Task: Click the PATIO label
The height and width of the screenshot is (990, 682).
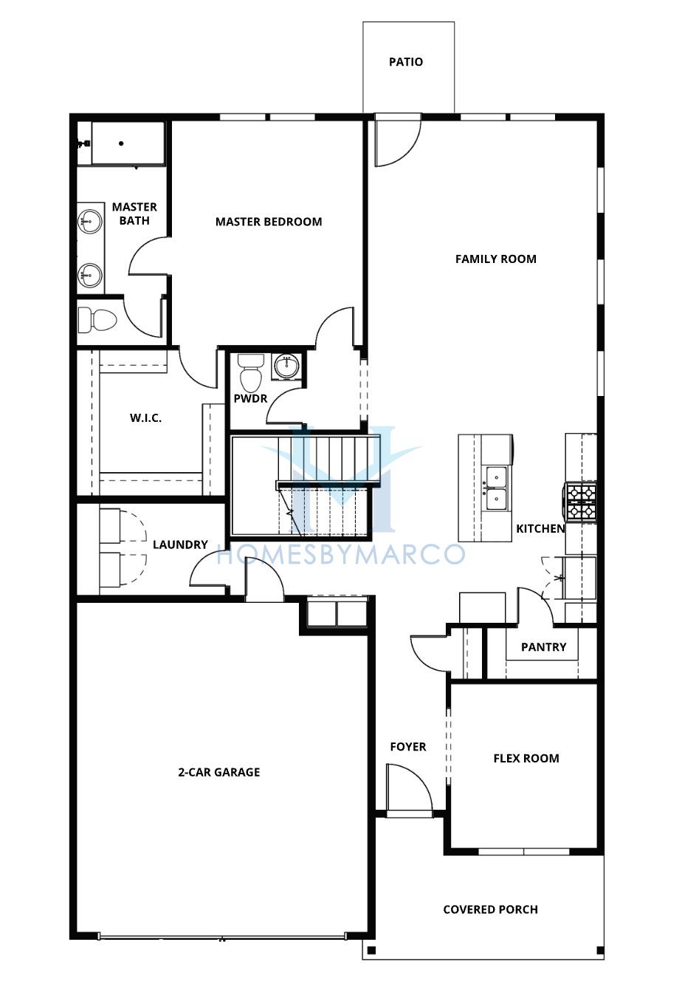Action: coord(406,62)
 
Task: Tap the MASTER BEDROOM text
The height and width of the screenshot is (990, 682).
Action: coord(269,222)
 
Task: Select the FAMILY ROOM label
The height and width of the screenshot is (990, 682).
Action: coord(496,259)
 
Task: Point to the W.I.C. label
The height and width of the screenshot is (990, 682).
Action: coord(145,417)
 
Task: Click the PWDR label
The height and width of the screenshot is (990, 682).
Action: coord(250,399)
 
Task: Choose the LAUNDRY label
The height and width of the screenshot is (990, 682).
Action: coord(180,544)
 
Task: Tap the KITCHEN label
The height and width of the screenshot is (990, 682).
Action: coord(540,528)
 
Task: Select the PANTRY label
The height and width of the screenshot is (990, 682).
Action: coord(543,647)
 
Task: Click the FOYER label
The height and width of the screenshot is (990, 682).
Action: coord(408,747)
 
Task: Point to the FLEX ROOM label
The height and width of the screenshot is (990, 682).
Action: coord(526,759)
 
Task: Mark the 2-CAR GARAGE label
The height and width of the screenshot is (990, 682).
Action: coord(219,772)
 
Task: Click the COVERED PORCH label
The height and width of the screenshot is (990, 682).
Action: coord(490,909)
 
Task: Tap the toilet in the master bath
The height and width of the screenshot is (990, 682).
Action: coord(97,320)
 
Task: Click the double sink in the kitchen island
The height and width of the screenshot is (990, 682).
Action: coord(496,488)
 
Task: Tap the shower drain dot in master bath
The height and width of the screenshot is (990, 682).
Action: coord(121,143)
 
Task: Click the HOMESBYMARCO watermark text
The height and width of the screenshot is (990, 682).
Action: coord(341,555)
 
